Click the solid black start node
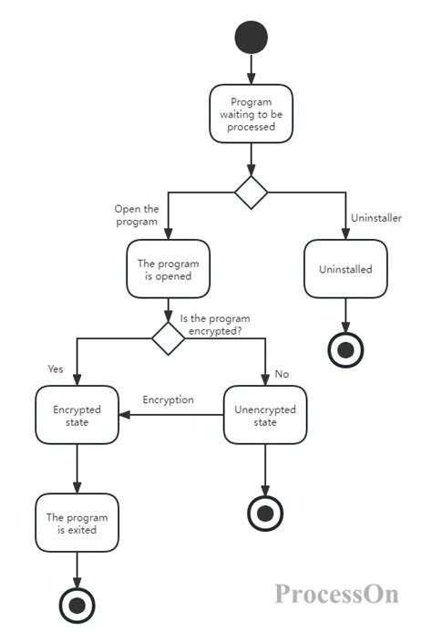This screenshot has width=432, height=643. pos(251,36)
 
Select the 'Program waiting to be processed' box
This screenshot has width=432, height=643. pos(251,114)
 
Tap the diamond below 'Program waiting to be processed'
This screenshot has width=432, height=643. pos(251,192)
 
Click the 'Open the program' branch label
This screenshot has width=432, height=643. pos(136,214)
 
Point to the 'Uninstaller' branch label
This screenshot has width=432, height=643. pos(376,218)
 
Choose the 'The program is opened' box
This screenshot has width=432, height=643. pos(168,269)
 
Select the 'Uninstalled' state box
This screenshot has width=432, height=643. pos(345,269)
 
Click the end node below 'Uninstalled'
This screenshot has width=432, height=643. pos(345,347)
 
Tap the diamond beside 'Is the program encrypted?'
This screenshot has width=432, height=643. pos(168,337)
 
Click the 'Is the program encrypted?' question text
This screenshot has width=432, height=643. pos(215,326)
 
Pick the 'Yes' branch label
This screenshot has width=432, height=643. pos(55,368)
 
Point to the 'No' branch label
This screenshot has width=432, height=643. pos(282,373)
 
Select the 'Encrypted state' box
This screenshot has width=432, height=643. pos(77,416)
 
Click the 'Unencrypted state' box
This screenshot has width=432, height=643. pos(265,416)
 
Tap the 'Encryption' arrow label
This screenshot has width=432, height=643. pos(168,399)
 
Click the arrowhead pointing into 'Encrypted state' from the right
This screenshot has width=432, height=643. pos(126,415)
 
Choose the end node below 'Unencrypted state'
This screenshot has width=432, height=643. pos(265,513)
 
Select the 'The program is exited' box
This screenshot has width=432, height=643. pos(77,523)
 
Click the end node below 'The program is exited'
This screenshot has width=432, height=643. pos(77,604)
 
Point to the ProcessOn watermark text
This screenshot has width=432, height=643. pos(336,594)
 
